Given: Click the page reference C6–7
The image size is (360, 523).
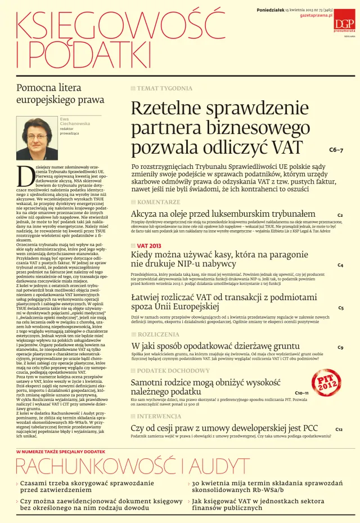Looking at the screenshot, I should [336, 150].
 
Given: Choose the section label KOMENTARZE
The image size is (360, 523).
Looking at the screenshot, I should [159, 202].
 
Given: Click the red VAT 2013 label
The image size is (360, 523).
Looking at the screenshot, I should [148, 246].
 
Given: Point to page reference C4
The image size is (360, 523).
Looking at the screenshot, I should [340, 265].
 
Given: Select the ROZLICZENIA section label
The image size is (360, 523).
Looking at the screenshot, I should [159, 334].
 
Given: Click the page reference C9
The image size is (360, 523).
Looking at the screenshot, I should [340, 347].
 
